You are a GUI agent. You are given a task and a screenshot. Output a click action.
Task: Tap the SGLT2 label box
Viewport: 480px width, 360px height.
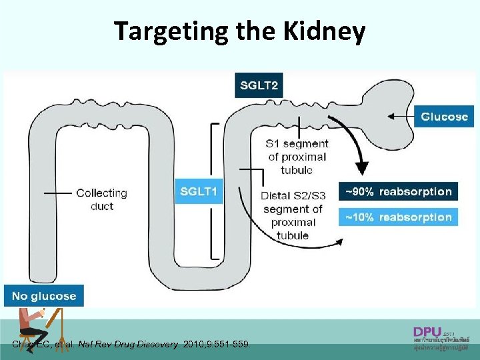point(259,85)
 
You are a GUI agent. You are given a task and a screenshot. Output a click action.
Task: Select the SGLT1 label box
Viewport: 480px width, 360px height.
point(199,191)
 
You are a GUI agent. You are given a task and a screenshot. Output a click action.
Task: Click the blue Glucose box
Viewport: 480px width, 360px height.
point(444,117)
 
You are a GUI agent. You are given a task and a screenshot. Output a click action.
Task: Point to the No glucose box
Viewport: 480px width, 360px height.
point(44,296)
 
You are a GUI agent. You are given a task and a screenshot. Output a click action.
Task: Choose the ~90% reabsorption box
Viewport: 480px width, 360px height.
point(398,192)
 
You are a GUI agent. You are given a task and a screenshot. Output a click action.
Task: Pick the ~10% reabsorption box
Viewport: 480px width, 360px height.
point(398,217)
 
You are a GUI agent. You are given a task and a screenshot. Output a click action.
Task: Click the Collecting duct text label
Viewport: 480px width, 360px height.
point(101,199)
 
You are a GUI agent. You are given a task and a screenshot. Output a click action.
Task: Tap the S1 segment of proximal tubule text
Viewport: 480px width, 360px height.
point(297,157)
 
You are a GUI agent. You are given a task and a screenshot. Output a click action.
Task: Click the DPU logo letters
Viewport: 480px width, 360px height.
point(427,331)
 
